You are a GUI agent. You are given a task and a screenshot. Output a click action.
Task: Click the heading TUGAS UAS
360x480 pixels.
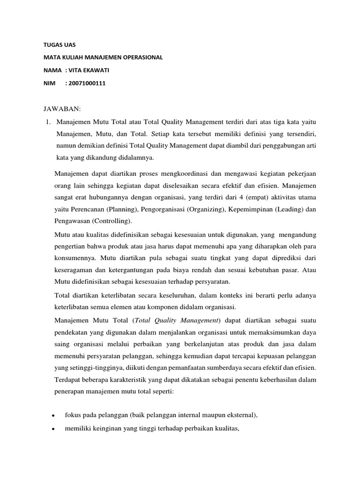pyautogui.click(x=56, y=45)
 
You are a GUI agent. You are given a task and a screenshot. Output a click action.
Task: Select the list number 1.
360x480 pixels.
pyautogui.click(x=48, y=122)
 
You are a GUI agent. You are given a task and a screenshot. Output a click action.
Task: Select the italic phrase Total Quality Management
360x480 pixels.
pyautogui.click(x=179, y=320)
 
